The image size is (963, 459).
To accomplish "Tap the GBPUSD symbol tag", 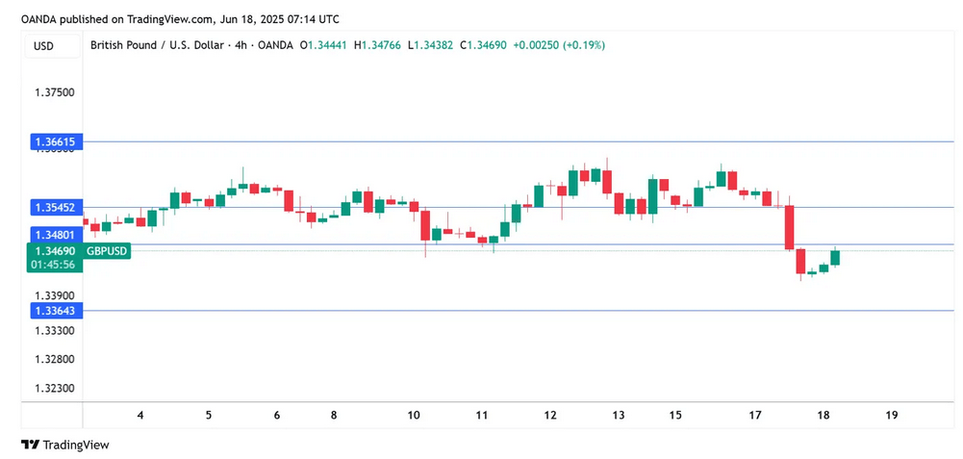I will [x=107, y=251].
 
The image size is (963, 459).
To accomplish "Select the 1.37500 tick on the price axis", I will [x=54, y=92].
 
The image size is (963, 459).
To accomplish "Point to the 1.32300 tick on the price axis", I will [x=54, y=388].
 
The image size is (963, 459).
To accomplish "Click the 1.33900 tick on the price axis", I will [x=54, y=295].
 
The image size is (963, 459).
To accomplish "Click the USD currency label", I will [x=43, y=45].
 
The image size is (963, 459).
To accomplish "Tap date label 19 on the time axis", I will [x=891, y=415].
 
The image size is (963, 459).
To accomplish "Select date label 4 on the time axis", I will [x=140, y=415].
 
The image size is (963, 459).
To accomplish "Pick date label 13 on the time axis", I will [x=618, y=415].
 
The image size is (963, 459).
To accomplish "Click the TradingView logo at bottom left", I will [x=65, y=445].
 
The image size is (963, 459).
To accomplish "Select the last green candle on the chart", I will [x=835, y=258].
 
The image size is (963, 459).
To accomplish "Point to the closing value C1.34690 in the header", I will [x=485, y=45].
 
